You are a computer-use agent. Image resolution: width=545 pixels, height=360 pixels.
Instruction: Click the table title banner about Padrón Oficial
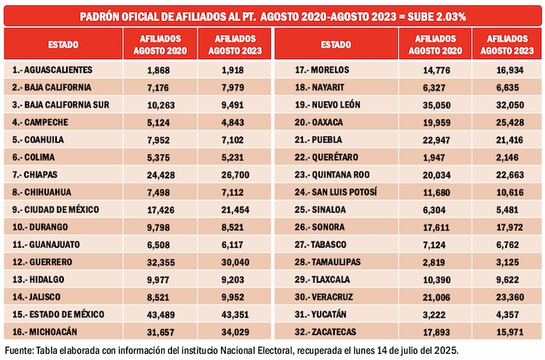tap(272, 16)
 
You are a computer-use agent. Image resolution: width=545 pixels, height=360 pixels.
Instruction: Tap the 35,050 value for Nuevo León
tap(434, 104)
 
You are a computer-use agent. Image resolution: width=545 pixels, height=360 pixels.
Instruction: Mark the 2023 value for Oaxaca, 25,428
tap(505, 122)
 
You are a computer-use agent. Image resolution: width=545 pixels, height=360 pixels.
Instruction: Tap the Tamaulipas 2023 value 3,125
tap(505, 262)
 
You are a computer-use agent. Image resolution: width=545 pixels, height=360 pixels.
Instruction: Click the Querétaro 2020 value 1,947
tap(434, 157)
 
